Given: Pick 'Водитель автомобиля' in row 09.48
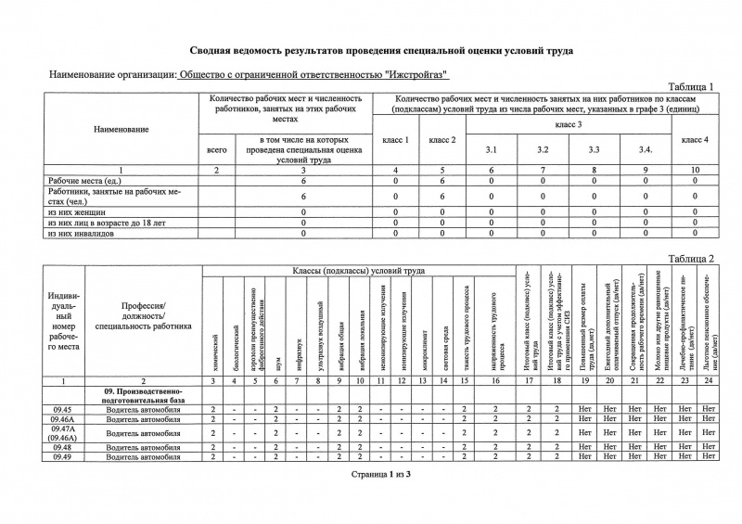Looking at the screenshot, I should click(143, 447).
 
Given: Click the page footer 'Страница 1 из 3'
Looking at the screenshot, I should click(370, 474).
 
